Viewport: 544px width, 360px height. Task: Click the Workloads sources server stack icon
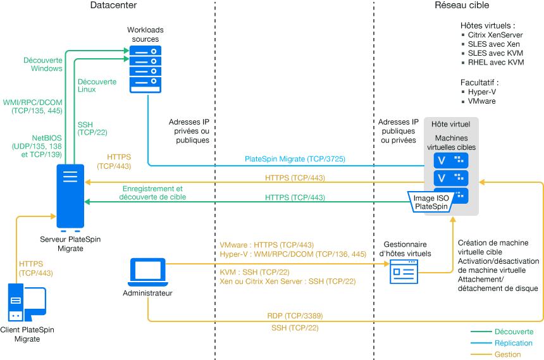pyautogui.click(x=145, y=69)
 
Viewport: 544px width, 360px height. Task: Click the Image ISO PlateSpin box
pyautogui.click(x=432, y=202)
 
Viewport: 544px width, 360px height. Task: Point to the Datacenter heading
pyautogui.click(x=113, y=5)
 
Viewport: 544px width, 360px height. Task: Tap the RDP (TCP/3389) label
pyautogui.click(x=295, y=315)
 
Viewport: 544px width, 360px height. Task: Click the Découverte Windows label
pyautogui.click(x=43, y=64)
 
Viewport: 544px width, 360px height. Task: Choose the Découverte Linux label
pyautogui.click(x=96, y=85)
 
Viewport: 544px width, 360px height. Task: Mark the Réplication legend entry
pyautogui.click(x=514, y=343)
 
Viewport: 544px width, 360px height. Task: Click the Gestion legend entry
pyautogui.click(x=508, y=354)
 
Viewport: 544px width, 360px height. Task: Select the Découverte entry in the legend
pyautogui.click(x=514, y=332)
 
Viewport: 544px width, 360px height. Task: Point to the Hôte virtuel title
pyautogui.click(x=451, y=124)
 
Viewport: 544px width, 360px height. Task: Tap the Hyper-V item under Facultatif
pyautogui.click(x=482, y=92)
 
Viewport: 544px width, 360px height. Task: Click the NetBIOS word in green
pyautogui.click(x=46, y=137)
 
